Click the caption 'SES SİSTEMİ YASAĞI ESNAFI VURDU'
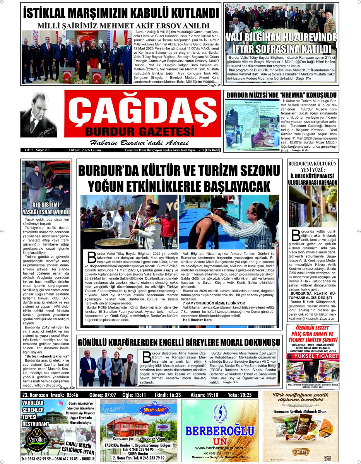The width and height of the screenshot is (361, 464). (x=46, y=208)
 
